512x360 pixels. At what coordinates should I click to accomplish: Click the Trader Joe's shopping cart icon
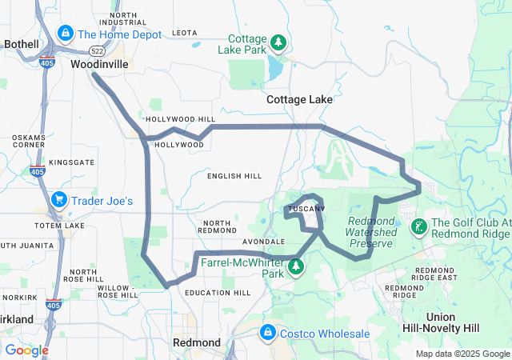58,200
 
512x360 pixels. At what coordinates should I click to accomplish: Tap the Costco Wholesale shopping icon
267,333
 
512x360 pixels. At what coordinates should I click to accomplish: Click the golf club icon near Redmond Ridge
418,228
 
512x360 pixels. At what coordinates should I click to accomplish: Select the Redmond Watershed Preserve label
372,232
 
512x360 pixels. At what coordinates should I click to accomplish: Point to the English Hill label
234,175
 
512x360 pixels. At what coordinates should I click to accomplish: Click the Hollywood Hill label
181,119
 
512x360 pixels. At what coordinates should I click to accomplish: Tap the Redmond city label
197,342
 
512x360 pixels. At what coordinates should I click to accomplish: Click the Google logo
26,350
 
